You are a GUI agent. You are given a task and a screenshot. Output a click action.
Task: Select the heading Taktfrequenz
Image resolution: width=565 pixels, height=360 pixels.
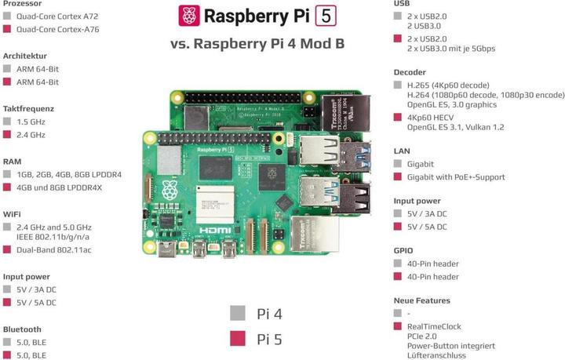(27, 108)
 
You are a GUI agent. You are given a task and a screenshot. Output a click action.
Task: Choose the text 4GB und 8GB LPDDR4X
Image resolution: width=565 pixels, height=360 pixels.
(59, 187)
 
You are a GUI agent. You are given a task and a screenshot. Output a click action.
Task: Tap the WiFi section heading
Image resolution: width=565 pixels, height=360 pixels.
(12, 213)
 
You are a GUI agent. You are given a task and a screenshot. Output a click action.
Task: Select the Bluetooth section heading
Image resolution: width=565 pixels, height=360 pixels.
(22, 329)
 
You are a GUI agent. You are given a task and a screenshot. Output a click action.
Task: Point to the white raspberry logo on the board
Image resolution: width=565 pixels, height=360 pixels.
(170, 189)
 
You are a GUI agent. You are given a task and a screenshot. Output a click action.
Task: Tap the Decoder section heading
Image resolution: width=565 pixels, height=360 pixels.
(410, 72)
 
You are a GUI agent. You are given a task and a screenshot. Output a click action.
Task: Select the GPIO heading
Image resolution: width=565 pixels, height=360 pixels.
(404, 251)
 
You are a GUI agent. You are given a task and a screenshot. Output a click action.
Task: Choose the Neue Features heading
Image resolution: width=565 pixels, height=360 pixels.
(421, 300)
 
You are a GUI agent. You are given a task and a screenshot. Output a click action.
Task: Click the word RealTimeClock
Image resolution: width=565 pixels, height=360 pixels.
(435, 326)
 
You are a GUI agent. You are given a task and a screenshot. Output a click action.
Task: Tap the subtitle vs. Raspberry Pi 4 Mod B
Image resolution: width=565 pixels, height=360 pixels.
(257, 43)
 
